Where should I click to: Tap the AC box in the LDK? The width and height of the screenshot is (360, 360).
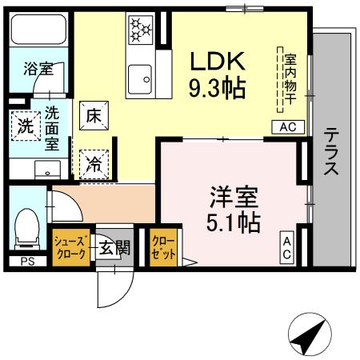(289, 126)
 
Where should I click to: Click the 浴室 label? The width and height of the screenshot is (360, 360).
(38, 69)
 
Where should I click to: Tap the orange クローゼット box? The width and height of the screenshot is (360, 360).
(163, 246)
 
